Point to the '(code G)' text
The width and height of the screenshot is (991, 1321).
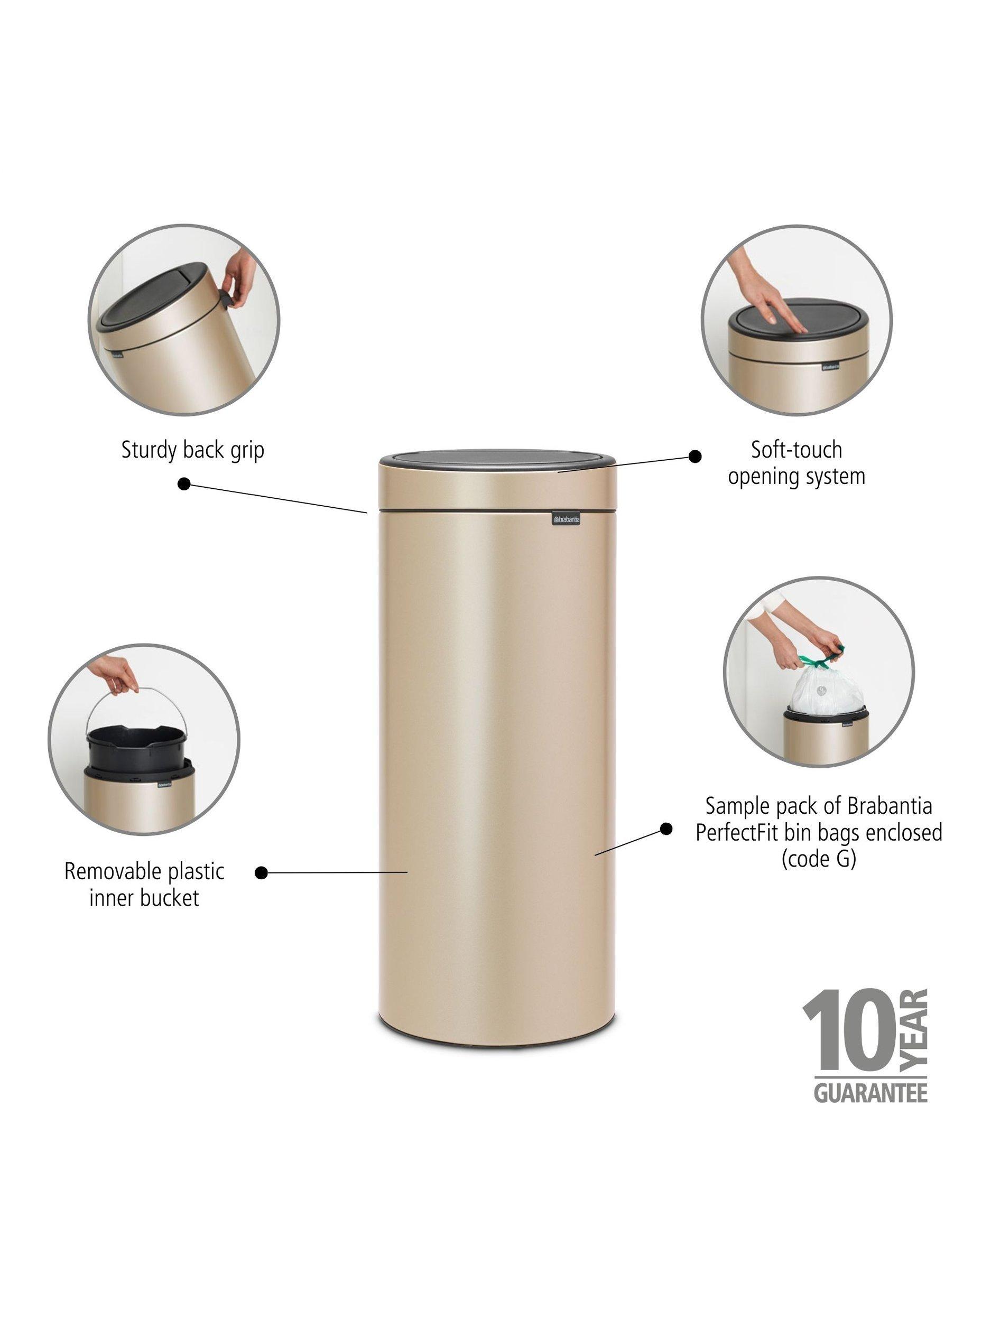click(819, 860)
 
